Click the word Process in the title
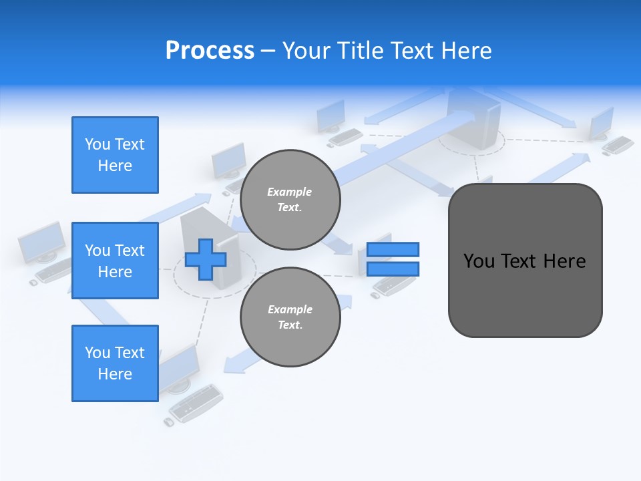click(210, 51)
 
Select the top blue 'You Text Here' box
click(115, 155)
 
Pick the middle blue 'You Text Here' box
click(115, 261)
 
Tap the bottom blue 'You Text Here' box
click(115, 363)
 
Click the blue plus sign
click(206, 259)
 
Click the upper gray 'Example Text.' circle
click(290, 200)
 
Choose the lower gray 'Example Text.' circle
click(290, 317)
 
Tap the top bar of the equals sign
click(393, 250)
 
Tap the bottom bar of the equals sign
click(393, 269)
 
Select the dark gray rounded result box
click(525, 294)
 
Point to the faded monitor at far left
click(41, 243)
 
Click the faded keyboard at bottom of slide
click(197, 402)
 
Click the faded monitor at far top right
click(601, 122)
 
